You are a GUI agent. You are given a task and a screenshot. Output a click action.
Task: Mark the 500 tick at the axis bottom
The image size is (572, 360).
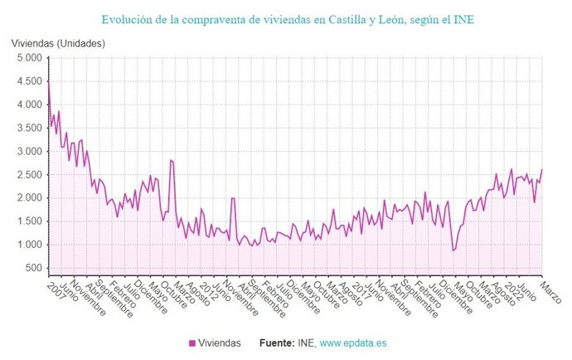point(33,268)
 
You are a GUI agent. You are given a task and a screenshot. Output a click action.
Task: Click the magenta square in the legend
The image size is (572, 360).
point(192,342)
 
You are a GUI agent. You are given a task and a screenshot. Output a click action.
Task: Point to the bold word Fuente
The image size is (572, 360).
point(278,342)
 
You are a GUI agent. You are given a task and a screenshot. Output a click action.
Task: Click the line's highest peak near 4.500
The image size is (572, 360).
point(48,82)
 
